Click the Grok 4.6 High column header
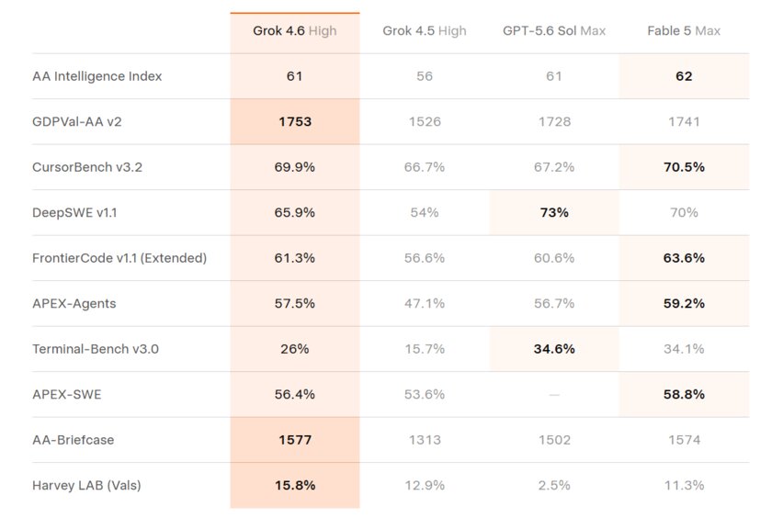pyautogui.click(x=294, y=31)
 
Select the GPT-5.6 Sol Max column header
pyautogui.click(x=554, y=31)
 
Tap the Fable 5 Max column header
pyautogui.click(x=684, y=31)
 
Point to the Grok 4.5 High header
pyautogui.click(x=425, y=31)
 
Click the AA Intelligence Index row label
pyautogui.click(x=97, y=76)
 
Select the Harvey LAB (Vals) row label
pyautogui.click(x=86, y=486)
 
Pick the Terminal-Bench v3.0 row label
pyautogui.click(x=96, y=349)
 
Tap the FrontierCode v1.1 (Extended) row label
pyautogui.click(x=119, y=258)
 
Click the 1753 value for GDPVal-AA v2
pyautogui.click(x=295, y=122)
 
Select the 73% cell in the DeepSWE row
pyautogui.click(x=554, y=212)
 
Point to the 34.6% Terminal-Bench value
pyautogui.click(x=554, y=349)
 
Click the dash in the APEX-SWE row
pyautogui.click(x=554, y=395)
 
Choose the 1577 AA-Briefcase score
pyautogui.click(x=295, y=440)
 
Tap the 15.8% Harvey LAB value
pyautogui.click(x=295, y=486)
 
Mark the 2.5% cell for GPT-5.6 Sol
pyautogui.click(x=554, y=486)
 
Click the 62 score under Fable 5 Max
pyautogui.click(x=684, y=76)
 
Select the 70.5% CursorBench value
pyautogui.click(x=684, y=167)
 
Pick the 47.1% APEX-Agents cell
pyautogui.click(x=425, y=303)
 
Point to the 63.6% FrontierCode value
pyautogui.click(x=684, y=258)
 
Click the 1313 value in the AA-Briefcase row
pyautogui.click(x=425, y=440)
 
